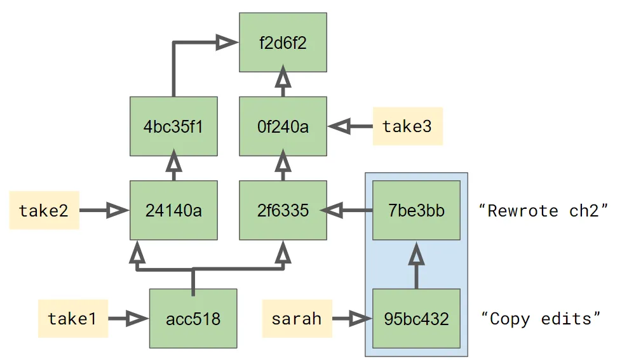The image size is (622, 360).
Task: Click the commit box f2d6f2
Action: point(283,42)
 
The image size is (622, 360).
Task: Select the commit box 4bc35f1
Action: point(173,126)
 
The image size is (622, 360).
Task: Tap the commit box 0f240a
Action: point(283,126)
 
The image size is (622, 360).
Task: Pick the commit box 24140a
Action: point(173,210)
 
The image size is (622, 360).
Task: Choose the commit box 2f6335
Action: point(283,210)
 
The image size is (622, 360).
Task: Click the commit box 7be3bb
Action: point(416,210)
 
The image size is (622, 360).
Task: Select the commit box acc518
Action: point(193,318)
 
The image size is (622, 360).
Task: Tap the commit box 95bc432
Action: point(416,318)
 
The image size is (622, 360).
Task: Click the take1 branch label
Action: point(72,318)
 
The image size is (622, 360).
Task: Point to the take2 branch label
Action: point(44,210)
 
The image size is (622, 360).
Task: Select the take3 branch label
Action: point(407,126)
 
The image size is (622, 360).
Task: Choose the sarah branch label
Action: point(297,318)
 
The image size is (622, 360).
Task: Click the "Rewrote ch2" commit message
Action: point(543,210)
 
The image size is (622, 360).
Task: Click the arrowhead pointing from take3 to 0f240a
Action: point(340,126)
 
